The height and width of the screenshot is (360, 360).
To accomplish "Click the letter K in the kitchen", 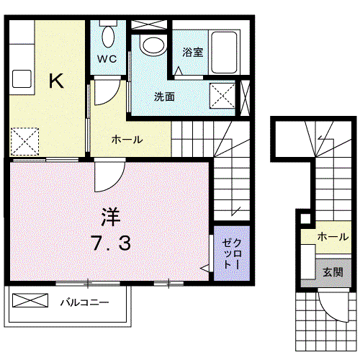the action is [56, 81].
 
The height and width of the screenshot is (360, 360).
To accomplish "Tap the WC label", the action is [107, 59].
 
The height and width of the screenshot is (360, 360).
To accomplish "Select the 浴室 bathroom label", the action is [193, 52].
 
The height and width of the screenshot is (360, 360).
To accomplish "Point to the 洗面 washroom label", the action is [164, 96].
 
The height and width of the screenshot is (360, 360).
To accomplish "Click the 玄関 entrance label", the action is [333, 272].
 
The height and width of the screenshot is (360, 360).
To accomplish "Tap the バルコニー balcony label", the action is [84, 302].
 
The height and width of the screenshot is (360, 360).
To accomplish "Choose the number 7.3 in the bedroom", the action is [111, 243].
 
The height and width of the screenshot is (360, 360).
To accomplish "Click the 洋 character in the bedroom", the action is [110, 217].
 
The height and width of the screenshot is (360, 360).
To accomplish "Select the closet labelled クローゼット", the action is [232, 253].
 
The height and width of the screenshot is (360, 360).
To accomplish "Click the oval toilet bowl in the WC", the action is [108, 37].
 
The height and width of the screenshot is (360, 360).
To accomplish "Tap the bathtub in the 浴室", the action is [224, 53].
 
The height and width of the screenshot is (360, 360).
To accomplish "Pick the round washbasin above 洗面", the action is [153, 46].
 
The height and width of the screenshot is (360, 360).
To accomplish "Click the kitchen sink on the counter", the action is [22, 79].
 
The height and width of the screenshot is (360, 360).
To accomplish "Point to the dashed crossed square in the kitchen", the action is [24, 142].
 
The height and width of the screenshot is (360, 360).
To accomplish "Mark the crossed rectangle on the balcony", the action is [30, 300].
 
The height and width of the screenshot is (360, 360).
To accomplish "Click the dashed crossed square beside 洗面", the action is [222, 96].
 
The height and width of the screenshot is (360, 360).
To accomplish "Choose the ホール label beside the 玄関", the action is [333, 237].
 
